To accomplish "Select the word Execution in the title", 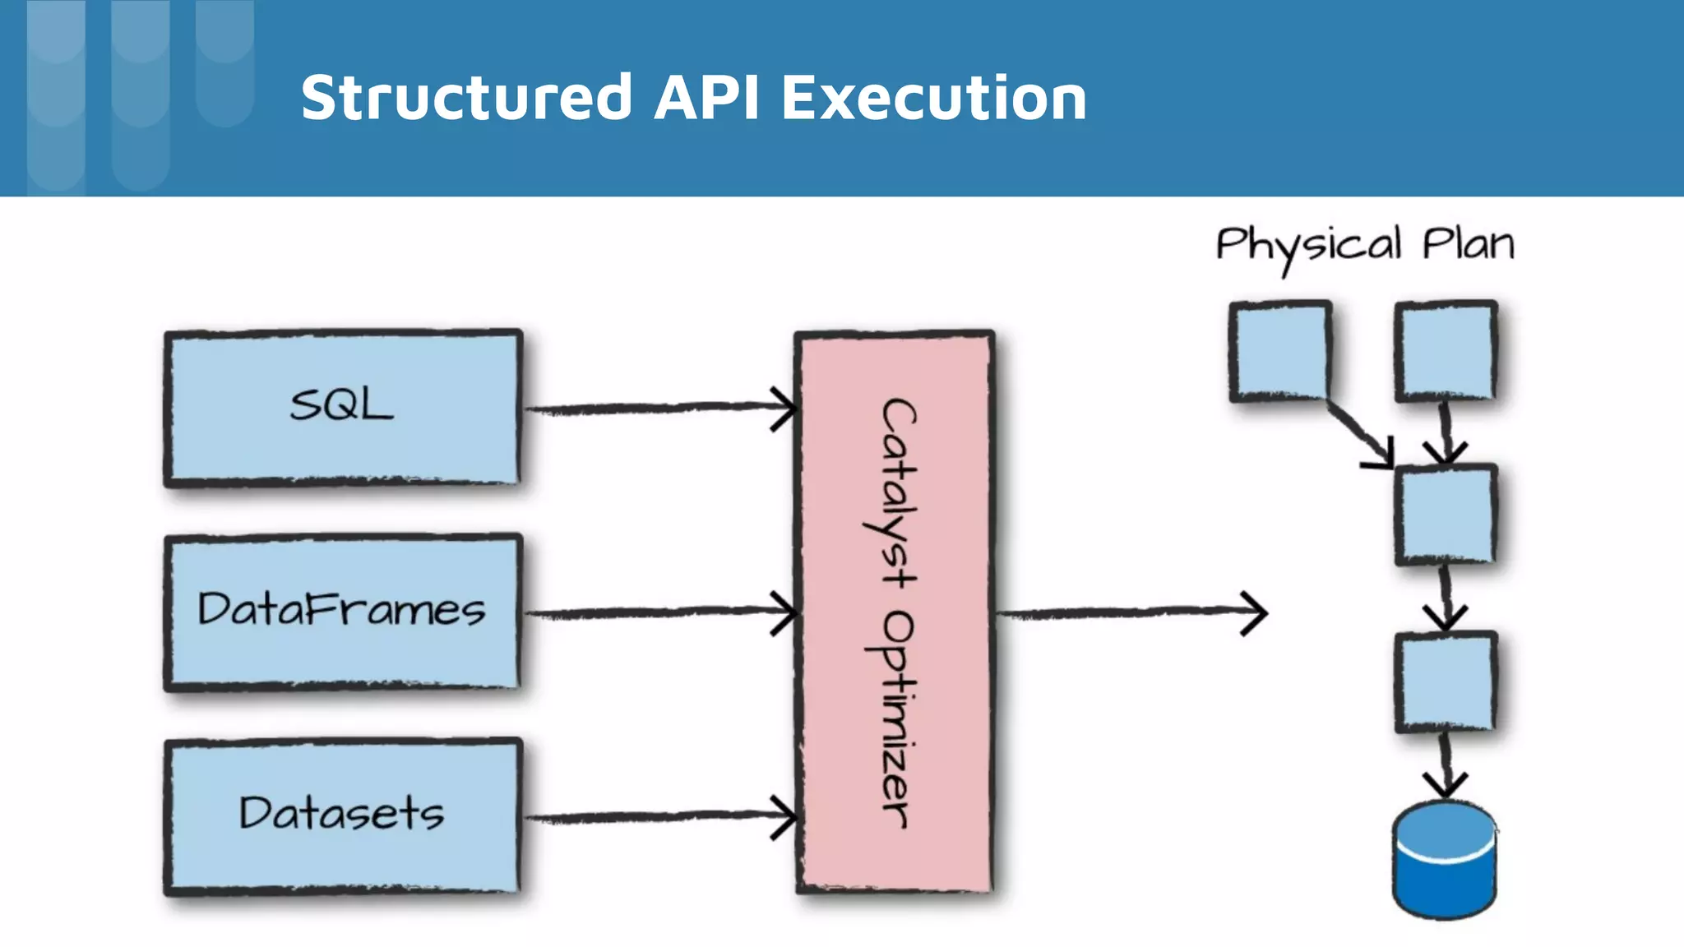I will pyautogui.click(x=933, y=98).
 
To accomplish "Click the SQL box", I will pyautogui.click(x=342, y=408).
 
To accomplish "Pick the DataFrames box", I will pyautogui.click(x=342, y=612).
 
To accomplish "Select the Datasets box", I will pyautogui.click(x=342, y=815).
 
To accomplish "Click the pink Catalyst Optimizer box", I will pyautogui.click(x=895, y=612).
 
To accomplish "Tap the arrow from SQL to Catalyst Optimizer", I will pyautogui.click(x=658, y=408).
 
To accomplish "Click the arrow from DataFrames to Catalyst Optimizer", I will pyautogui.click(x=658, y=612).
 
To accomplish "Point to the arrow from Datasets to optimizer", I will pyautogui.click(x=658, y=816).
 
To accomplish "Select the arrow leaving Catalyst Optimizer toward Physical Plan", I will pyautogui.click(x=1131, y=612).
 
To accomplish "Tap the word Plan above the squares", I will pyautogui.click(x=1469, y=244).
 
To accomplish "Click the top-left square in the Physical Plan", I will pyautogui.click(x=1279, y=351).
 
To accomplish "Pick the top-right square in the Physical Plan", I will pyautogui.click(x=1446, y=351).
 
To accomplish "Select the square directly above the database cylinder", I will pyautogui.click(x=1446, y=681).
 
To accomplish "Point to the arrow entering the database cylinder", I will pyautogui.click(x=1446, y=765).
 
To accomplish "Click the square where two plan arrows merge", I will pyautogui.click(x=1446, y=515).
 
